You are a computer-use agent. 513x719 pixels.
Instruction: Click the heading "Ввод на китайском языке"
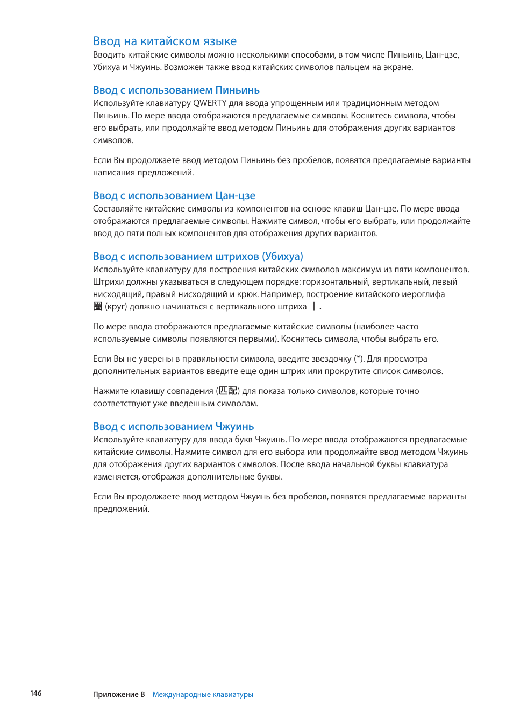coord(165,41)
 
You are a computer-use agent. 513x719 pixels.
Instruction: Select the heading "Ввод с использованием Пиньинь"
coord(176,90)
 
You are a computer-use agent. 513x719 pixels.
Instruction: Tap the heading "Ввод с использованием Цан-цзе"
coord(174,195)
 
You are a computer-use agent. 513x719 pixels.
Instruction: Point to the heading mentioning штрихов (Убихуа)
coord(198,256)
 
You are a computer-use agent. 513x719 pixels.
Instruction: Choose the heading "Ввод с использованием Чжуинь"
coord(173,426)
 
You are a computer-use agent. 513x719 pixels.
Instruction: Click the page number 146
coord(36,693)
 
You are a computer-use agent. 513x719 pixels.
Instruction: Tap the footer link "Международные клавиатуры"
coord(203,694)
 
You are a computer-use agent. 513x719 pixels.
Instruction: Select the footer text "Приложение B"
coord(119,694)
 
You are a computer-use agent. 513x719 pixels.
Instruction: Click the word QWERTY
coord(210,103)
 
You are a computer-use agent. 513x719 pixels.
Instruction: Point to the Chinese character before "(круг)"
coord(97,306)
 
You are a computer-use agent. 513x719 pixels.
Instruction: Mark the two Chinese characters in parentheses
coord(228,391)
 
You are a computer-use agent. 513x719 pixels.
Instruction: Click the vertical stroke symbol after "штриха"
coord(314,306)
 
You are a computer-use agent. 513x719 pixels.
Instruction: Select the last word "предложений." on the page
coord(121,509)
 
